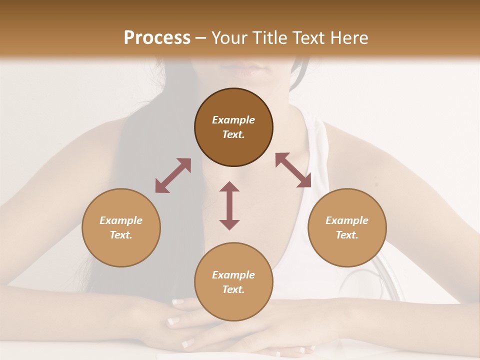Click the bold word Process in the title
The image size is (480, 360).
(157, 38)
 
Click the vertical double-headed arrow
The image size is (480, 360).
(229, 205)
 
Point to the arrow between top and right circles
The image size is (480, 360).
(293, 170)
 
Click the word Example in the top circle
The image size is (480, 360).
(233, 120)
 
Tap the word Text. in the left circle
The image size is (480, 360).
(121, 235)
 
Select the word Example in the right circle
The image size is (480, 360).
(347, 220)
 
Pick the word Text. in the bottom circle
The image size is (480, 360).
(233, 289)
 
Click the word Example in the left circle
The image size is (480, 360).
(121, 220)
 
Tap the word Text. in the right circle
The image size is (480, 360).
(347, 235)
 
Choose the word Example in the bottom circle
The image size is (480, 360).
(233, 275)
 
